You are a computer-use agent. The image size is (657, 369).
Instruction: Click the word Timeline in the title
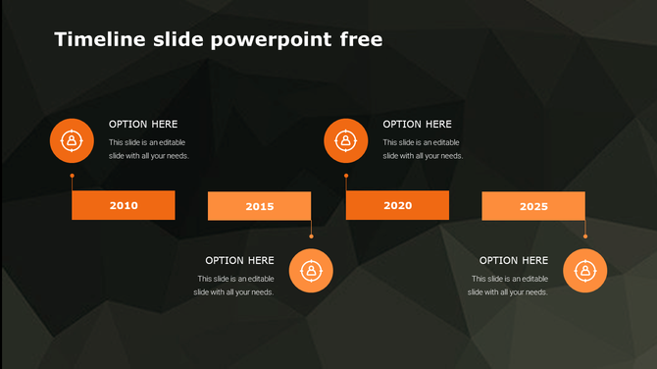pyautogui.click(x=93, y=39)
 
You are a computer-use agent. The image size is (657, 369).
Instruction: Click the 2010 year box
pyautogui.click(x=124, y=205)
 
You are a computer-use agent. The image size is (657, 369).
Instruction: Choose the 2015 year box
pyautogui.click(x=260, y=206)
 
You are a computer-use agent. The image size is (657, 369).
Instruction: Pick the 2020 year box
pyautogui.click(x=397, y=205)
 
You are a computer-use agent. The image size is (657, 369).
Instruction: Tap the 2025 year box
pyautogui.click(x=533, y=206)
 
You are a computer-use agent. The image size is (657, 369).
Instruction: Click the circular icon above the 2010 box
pyautogui.click(x=72, y=140)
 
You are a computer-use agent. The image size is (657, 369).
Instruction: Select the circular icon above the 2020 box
pyautogui.click(x=345, y=140)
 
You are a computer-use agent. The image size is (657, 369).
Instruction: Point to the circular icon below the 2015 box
pyautogui.click(x=311, y=270)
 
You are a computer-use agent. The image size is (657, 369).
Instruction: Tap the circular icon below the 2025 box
pyautogui.click(x=584, y=270)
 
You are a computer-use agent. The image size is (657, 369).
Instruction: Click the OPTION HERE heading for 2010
pyautogui.click(x=143, y=125)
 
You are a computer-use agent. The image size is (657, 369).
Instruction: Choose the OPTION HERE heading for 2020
pyautogui.click(x=417, y=125)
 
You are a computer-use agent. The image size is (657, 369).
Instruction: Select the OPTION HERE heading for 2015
pyautogui.click(x=239, y=260)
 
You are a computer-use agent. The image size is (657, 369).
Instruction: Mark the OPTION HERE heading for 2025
pyautogui.click(x=514, y=260)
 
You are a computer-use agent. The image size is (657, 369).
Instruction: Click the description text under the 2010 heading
pyautogui.click(x=148, y=149)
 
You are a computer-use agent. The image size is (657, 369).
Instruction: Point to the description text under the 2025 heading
pyautogui.click(x=509, y=286)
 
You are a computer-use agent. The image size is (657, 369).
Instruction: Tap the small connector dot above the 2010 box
pyautogui.click(x=72, y=177)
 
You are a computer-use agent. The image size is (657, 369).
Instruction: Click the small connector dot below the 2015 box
pyautogui.click(x=311, y=236)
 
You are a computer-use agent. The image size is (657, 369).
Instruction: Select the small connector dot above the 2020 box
pyautogui.click(x=345, y=177)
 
